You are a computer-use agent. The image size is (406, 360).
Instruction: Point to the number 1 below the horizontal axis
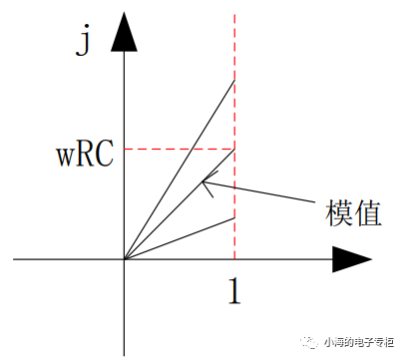click(233, 291)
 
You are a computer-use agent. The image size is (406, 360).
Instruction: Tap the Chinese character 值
click(366, 212)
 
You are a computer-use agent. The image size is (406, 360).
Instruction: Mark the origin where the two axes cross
click(124, 259)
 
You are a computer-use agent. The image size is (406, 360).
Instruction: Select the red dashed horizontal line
click(180, 150)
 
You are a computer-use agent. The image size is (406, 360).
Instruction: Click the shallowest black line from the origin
click(180, 238)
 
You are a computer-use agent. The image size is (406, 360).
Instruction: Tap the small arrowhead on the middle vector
click(205, 181)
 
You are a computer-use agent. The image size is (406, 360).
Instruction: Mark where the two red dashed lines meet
click(233, 150)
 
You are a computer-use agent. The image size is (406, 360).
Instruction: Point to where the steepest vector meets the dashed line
click(233, 79)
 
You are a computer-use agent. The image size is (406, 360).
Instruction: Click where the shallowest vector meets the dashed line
click(233, 217)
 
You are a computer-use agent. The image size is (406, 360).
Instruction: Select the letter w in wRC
click(64, 154)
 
